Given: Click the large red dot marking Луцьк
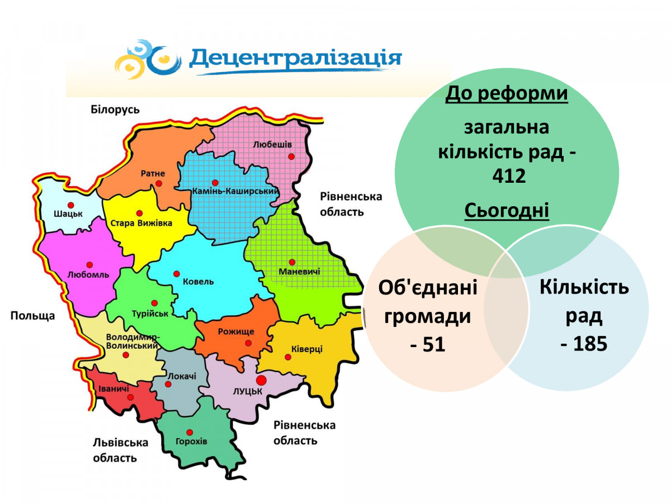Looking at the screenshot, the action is pos(261,381).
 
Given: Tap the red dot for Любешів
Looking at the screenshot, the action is pos(291,156).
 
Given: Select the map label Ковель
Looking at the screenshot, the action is pos(198,281).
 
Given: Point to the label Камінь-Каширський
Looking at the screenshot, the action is pos(235,191).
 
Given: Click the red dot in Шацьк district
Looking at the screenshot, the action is pos(71,205).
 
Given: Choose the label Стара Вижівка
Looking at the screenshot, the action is pos(141,223).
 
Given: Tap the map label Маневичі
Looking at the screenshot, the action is pos(299,271).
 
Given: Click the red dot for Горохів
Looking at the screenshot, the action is pos(190,433).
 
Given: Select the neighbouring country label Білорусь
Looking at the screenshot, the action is pos(115,110).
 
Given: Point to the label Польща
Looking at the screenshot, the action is pos(32,315).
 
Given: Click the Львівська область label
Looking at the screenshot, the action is pos(120,450).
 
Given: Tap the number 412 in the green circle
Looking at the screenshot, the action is pos(509,175).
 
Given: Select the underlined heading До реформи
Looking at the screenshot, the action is pos(506,93).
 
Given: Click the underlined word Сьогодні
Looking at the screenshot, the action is pos(507,211).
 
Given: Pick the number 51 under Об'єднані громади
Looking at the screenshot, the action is pos(433,344).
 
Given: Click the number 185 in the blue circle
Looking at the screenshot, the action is pos(590,344).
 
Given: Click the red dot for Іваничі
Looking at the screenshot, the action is pos(130,397).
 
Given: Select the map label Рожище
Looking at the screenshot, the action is pos(236,331).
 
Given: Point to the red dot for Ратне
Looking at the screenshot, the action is pos(159,183).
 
